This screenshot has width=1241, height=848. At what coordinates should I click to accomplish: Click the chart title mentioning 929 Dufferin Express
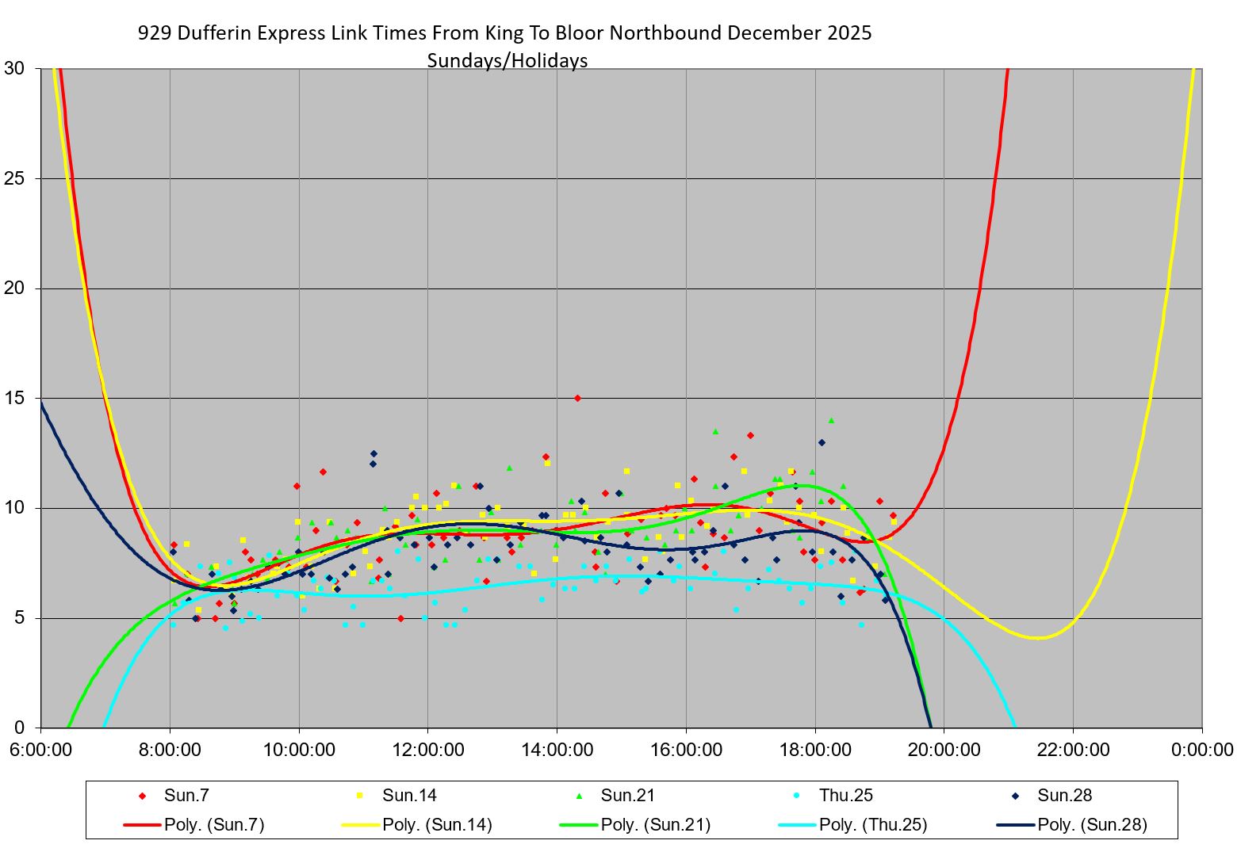(x=504, y=33)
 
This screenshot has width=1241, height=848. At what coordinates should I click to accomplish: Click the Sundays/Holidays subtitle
(x=508, y=61)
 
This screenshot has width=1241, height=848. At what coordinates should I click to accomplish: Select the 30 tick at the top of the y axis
(x=14, y=68)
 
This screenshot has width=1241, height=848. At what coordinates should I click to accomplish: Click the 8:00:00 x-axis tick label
(x=170, y=750)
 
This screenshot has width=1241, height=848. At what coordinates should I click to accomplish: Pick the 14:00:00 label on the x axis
(x=557, y=750)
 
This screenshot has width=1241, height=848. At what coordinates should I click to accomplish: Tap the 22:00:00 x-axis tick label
(x=1073, y=750)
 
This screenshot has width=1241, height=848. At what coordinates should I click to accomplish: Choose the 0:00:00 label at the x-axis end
(x=1202, y=750)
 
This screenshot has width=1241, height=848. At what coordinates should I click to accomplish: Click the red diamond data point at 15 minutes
(x=577, y=398)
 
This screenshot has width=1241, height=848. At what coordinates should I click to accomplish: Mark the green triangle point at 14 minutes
(x=831, y=420)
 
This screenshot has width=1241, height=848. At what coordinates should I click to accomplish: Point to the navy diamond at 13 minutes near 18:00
(x=822, y=442)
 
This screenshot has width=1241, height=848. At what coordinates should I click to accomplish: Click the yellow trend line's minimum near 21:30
(x=1037, y=638)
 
